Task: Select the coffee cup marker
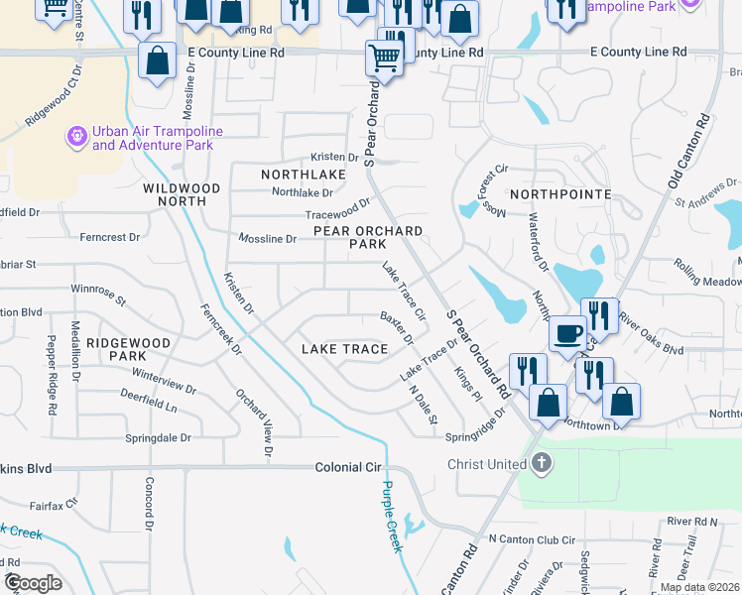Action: [568, 333]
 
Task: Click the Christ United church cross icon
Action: [541, 463]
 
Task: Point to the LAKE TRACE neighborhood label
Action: [343, 349]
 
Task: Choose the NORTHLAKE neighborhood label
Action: [304, 174]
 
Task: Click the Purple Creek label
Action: [392, 517]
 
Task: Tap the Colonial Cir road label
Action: [348, 467]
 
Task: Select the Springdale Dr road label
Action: [158, 437]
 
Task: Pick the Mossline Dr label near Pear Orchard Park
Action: [268, 238]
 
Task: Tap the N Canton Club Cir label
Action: [532, 539]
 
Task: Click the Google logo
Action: [32, 582]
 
